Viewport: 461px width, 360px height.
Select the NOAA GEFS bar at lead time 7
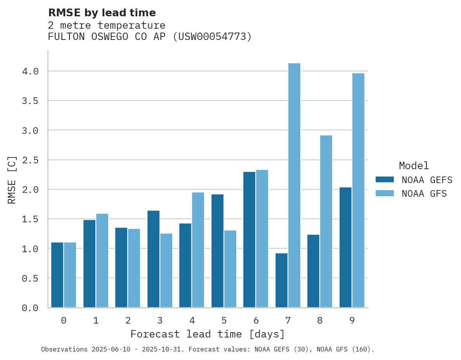click(x=281, y=280)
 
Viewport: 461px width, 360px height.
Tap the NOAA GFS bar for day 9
click(x=358, y=190)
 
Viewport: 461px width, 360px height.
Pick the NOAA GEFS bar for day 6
click(x=249, y=239)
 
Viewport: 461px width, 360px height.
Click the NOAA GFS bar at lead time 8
click(x=326, y=221)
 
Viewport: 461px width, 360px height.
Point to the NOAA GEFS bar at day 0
click(x=57, y=275)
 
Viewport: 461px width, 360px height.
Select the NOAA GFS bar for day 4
click(x=198, y=250)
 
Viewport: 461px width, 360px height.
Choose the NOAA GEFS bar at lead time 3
click(x=153, y=259)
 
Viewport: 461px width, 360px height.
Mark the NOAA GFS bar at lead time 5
click(x=230, y=269)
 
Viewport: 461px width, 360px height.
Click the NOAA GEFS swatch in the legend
click(x=385, y=180)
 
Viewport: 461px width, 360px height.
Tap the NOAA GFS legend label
click(x=424, y=194)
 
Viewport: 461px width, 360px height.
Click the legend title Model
click(x=414, y=166)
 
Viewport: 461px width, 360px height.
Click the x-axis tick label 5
click(x=224, y=320)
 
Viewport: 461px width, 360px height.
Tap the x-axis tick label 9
click(x=352, y=320)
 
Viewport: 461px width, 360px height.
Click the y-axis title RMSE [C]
click(x=12, y=180)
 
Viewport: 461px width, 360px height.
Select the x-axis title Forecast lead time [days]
click(x=208, y=334)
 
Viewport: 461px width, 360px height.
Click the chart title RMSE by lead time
click(x=102, y=13)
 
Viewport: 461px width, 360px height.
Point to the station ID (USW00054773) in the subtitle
click(x=212, y=37)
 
